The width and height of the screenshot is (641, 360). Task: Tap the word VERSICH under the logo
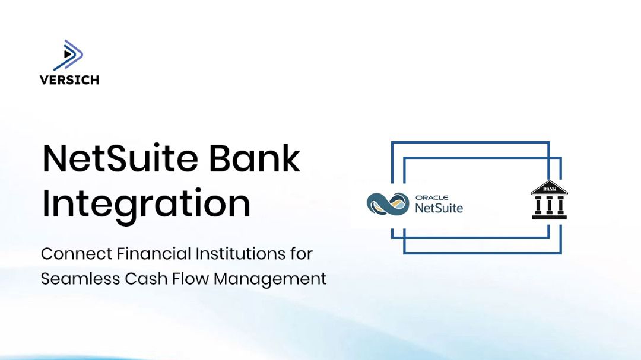click(x=69, y=80)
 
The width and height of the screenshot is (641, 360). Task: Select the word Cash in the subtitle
click(x=144, y=278)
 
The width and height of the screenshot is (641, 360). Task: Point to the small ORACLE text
click(x=431, y=197)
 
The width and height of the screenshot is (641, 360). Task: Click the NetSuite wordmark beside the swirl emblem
click(x=439, y=208)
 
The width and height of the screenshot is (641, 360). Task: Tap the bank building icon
click(x=549, y=200)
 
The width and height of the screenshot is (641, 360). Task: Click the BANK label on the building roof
click(x=549, y=189)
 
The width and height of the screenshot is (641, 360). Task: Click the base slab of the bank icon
click(x=549, y=216)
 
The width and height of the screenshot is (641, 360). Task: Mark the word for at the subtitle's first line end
click(x=302, y=254)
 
